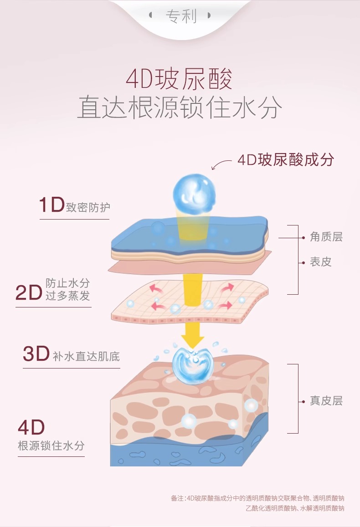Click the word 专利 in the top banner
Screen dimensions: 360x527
tap(180, 16)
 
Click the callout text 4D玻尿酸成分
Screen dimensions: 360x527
tap(286, 159)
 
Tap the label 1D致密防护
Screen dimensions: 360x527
tap(75, 206)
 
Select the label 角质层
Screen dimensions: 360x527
tap(326, 237)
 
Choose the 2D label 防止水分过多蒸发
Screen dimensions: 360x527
tap(53, 290)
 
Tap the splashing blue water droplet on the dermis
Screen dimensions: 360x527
tap(193, 364)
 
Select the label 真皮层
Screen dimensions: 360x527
tap(326, 401)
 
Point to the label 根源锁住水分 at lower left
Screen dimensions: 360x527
tap(51, 445)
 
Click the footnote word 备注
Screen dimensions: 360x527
tap(177, 498)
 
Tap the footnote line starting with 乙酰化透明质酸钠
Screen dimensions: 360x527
tap(294, 508)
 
